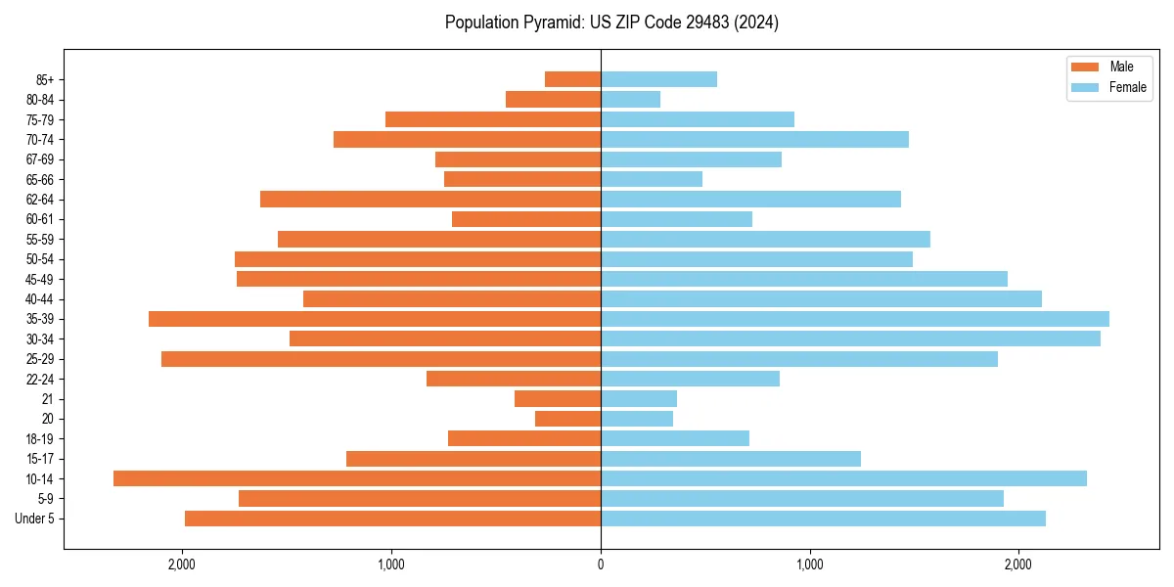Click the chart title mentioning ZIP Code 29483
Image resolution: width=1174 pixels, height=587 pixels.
click(611, 23)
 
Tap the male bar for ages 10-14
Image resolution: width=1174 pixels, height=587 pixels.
click(357, 478)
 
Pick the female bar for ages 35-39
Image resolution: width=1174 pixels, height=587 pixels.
click(855, 319)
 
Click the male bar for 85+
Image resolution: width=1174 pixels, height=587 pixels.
click(572, 79)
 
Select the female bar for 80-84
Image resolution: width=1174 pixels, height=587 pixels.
click(630, 100)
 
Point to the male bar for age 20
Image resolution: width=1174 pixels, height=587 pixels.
click(567, 419)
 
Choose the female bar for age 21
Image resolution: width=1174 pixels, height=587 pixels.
click(639, 399)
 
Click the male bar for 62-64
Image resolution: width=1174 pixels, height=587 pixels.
click(430, 200)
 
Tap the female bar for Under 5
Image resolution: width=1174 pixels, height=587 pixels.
click(823, 519)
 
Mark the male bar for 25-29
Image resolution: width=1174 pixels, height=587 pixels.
click(381, 359)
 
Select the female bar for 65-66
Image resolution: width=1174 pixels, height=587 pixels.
click(652, 179)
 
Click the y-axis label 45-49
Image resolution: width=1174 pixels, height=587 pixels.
click(39, 279)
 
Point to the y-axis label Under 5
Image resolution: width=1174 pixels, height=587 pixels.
click(35, 519)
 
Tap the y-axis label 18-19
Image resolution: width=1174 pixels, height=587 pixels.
click(39, 438)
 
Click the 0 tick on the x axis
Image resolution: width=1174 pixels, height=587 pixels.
click(601, 564)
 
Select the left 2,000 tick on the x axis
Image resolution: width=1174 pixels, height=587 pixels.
click(182, 564)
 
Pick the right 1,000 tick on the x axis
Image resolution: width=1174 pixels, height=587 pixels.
click(809, 564)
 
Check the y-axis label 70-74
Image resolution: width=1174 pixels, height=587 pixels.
click(39, 140)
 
